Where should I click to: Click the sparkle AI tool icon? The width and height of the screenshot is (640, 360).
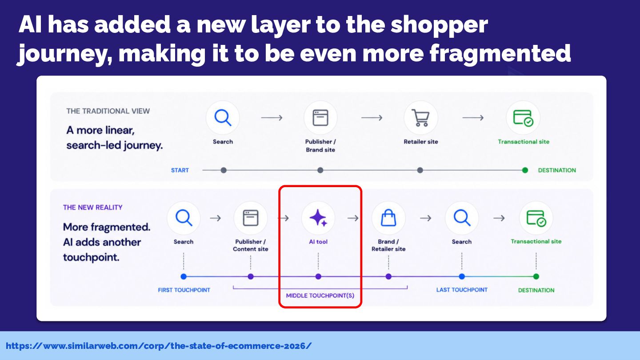click(x=318, y=218)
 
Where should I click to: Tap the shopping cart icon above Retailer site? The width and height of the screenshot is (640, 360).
click(x=420, y=117)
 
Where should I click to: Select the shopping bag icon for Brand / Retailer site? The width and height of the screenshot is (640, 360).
click(x=388, y=218)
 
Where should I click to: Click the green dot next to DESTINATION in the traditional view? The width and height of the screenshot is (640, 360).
click(x=525, y=170)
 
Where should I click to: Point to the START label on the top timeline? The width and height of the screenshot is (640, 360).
click(x=180, y=170)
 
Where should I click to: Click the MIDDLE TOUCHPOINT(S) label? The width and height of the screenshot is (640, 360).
click(x=320, y=296)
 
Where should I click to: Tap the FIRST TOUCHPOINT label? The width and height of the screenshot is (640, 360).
click(x=184, y=290)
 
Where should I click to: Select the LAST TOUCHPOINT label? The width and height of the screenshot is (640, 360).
click(x=462, y=290)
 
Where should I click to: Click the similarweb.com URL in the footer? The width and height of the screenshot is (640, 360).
click(x=159, y=346)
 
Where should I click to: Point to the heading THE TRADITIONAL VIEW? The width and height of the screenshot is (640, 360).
click(x=108, y=111)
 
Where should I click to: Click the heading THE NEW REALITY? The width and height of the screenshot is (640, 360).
click(x=92, y=207)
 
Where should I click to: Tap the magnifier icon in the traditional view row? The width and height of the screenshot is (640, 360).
click(x=223, y=117)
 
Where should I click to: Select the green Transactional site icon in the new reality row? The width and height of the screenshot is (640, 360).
click(x=536, y=218)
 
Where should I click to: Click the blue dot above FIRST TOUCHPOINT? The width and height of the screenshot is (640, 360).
click(x=184, y=276)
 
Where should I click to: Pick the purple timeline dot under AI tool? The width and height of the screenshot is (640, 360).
click(x=318, y=276)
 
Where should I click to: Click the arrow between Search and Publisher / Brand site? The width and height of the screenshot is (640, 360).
click(x=272, y=118)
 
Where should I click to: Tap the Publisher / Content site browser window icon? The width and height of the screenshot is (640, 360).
click(x=251, y=218)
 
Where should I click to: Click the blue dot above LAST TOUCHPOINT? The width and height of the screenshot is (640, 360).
click(x=462, y=276)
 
